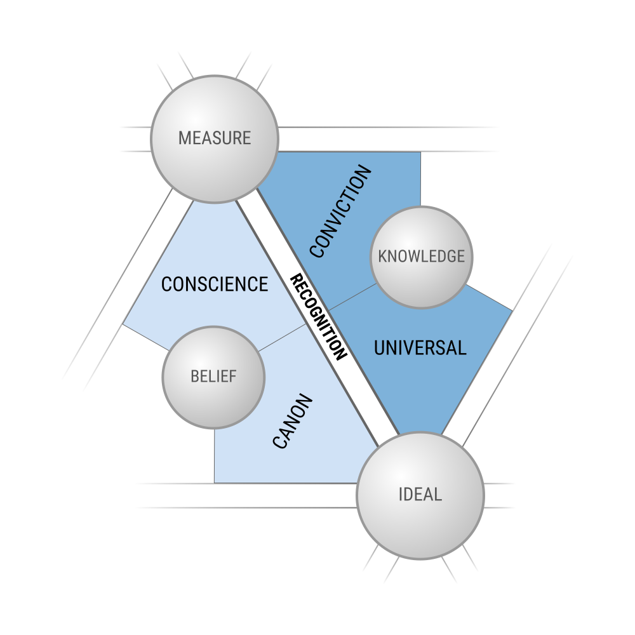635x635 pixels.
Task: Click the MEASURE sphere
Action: click(x=215, y=139)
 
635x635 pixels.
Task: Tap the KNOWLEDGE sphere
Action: click(x=422, y=257)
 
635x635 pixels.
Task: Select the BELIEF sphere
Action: click(x=213, y=377)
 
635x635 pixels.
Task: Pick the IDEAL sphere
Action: click(x=420, y=495)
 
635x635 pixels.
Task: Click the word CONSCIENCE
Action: click(x=215, y=284)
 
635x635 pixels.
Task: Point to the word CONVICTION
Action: click(x=340, y=211)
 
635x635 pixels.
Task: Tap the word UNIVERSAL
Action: click(x=420, y=348)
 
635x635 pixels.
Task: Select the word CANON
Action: click(x=293, y=421)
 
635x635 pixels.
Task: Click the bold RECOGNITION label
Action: click(x=319, y=317)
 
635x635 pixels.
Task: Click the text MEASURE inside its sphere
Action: click(x=215, y=138)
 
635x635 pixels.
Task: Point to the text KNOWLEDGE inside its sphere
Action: click(x=422, y=257)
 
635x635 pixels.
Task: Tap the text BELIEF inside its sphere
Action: click(x=213, y=377)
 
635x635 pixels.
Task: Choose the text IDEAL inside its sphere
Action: click(x=420, y=495)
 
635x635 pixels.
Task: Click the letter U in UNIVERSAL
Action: click(x=380, y=348)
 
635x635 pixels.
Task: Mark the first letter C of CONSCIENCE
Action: click(x=166, y=284)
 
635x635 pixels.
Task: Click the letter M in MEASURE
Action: click(x=184, y=138)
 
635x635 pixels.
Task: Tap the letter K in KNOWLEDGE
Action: click(x=383, y=257)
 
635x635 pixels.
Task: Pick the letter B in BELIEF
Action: click(x=195, y=377)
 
